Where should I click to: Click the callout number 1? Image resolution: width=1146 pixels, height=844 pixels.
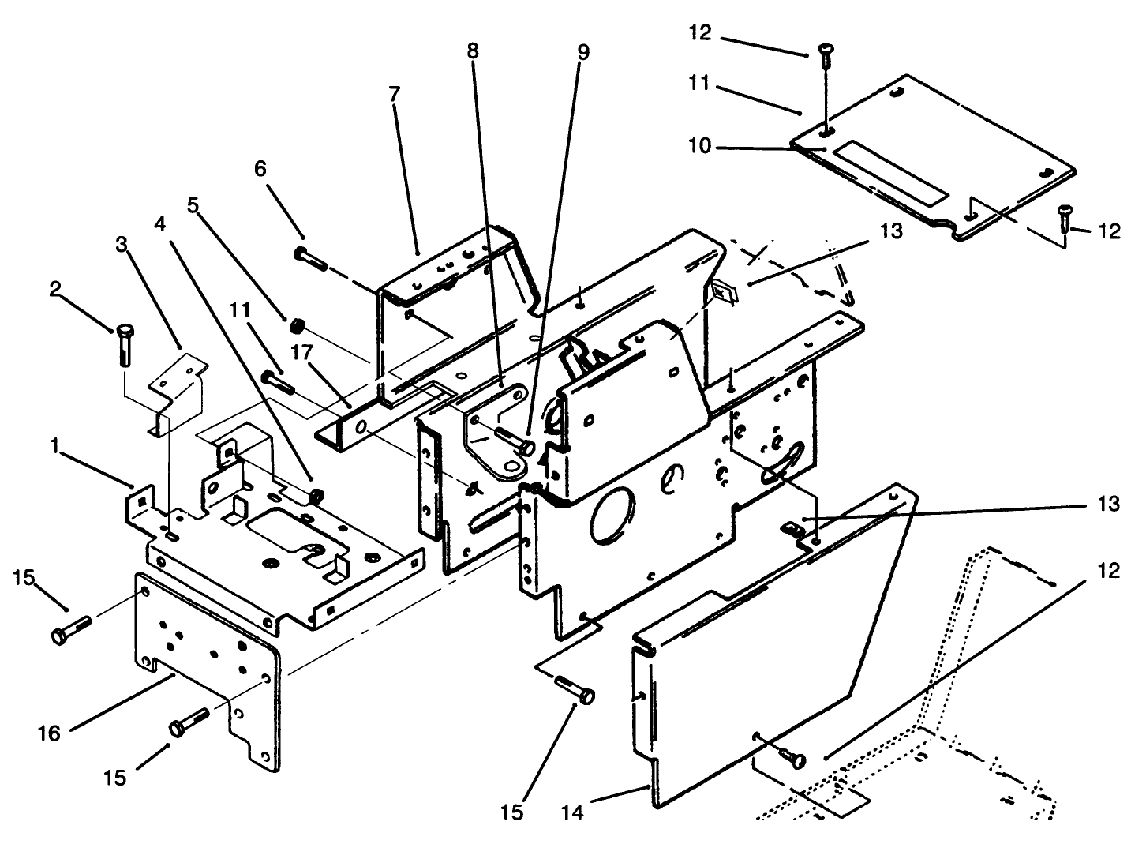[54, 446]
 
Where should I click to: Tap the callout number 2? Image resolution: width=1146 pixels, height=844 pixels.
[54, 290]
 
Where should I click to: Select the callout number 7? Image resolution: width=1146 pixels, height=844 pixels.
[394, 93]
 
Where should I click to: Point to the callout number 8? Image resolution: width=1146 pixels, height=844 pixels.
[472, 51]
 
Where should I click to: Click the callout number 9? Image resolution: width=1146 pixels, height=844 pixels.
[582, 53]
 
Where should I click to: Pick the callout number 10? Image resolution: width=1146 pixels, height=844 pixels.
[699, 146]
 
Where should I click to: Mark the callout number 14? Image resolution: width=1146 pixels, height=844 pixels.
[574, 811]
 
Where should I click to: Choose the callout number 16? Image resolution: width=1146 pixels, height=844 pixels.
[49, 733]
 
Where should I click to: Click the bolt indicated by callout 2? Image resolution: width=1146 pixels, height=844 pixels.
[125, 343]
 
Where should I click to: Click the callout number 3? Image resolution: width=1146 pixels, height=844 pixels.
[121, 243]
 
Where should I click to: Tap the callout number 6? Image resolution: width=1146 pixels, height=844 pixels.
[260, 168]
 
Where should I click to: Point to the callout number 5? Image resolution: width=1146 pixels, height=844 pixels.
[193, 204]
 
